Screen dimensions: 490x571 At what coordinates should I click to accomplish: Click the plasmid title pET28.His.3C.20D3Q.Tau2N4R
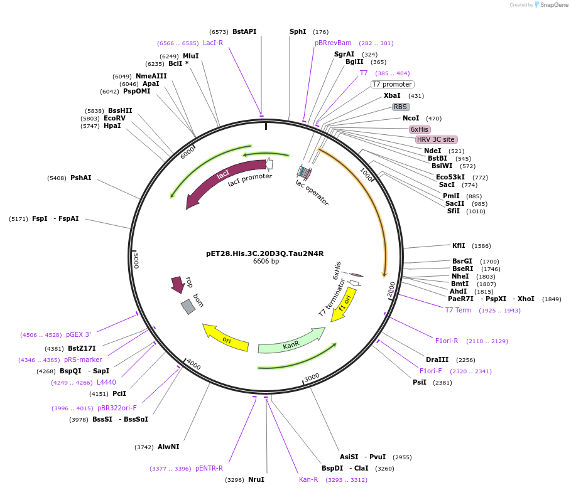click(264, 253)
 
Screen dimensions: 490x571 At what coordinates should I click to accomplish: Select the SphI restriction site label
click(298, 31)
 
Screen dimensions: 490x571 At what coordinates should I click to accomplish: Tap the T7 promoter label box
click(393, 84)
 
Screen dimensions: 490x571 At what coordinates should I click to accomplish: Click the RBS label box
click(401, 107)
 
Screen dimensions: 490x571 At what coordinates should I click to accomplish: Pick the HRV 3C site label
click(436, 139)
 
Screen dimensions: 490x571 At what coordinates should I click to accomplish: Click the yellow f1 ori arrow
click(344, 304)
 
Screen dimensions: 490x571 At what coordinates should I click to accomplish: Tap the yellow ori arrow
click(226, 338)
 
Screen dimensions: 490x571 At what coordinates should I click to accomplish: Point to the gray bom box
click(188, 306)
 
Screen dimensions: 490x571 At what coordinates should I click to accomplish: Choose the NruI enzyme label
click(256, 479)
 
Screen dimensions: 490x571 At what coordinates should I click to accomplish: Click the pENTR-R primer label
click(209, 468)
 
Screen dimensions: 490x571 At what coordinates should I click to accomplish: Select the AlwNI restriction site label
click(168, 447)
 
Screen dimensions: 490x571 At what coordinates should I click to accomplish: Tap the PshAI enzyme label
click(80, 178)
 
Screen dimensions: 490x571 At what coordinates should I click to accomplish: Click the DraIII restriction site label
click(437, 360)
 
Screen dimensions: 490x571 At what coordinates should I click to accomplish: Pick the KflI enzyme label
click(459, 245)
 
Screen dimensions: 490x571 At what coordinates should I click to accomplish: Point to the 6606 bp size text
click(266, 262)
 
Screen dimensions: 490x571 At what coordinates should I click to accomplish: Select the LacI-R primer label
click(213, 43)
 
